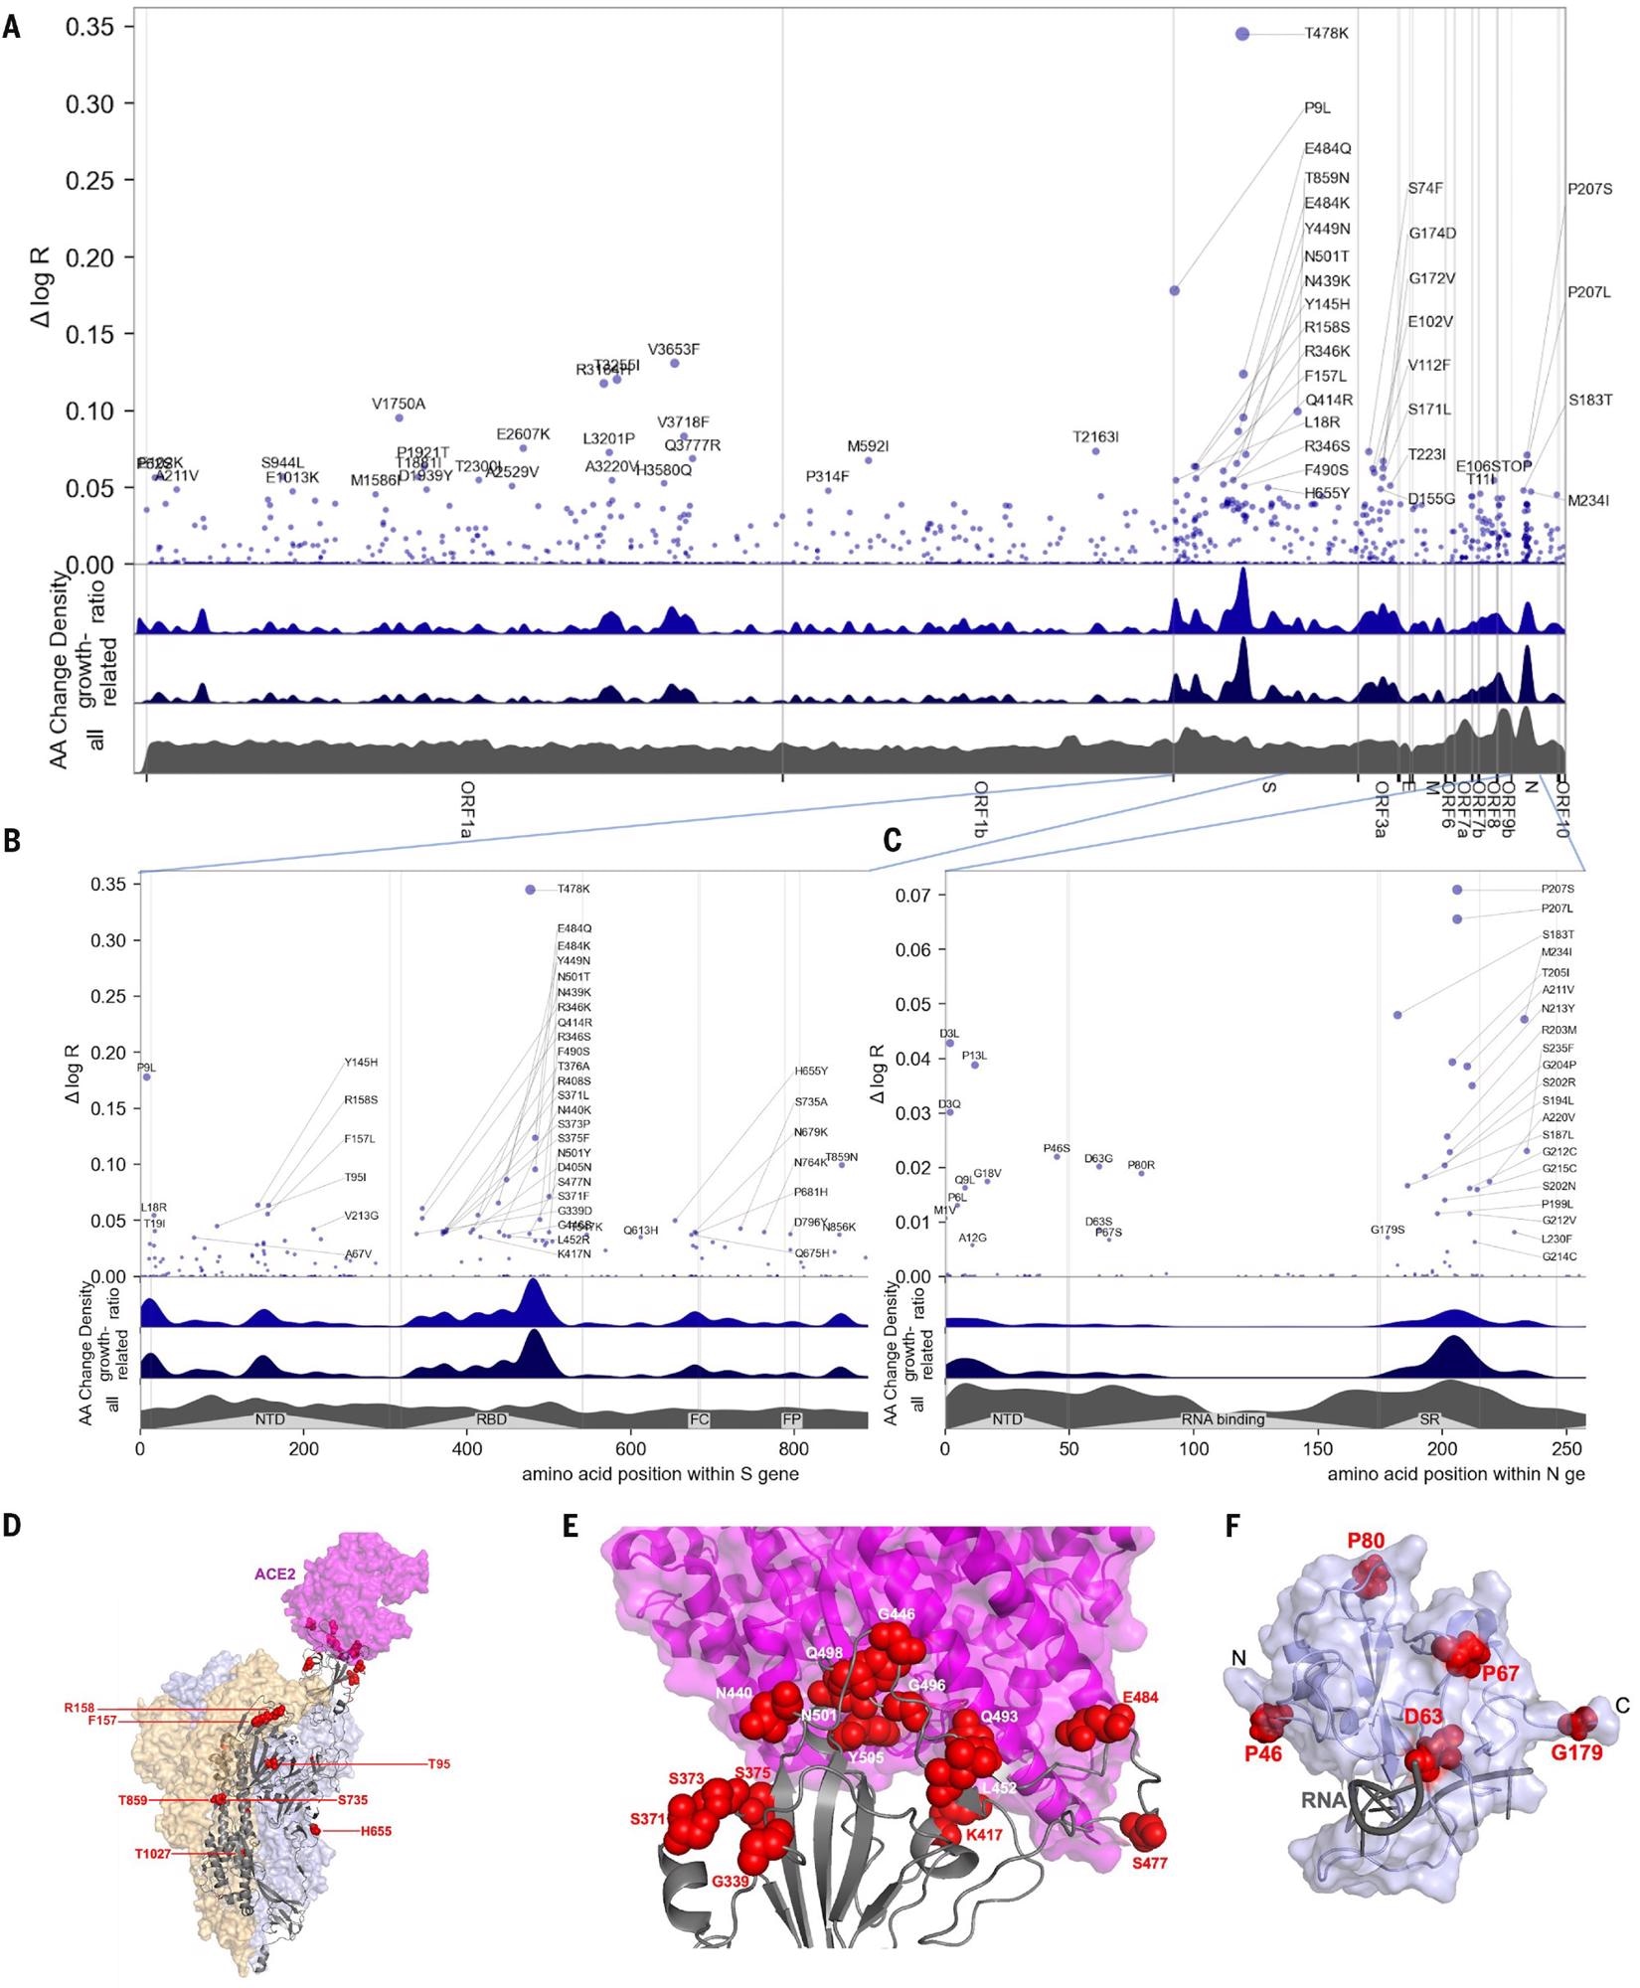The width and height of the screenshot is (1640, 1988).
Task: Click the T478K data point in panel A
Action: pos(1242,34)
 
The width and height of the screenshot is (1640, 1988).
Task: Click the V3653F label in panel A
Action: pos(674,350)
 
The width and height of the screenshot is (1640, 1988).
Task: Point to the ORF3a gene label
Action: pos(1381,809)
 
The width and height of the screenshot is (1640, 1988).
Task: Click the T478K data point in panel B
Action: pos(530,890)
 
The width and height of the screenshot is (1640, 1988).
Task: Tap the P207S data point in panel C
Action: pos(1457,890)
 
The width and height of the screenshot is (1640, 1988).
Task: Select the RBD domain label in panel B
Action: pos(492,1419)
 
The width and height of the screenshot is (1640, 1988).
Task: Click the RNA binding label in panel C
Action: pos(1223,1419)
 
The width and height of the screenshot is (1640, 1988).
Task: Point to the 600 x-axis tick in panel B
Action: pos(630,1448)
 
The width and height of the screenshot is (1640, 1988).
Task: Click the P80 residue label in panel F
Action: pos(1366,1541)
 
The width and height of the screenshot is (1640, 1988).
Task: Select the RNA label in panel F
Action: pos(1324,1799)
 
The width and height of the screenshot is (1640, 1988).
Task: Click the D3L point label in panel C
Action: pos(949,1034)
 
